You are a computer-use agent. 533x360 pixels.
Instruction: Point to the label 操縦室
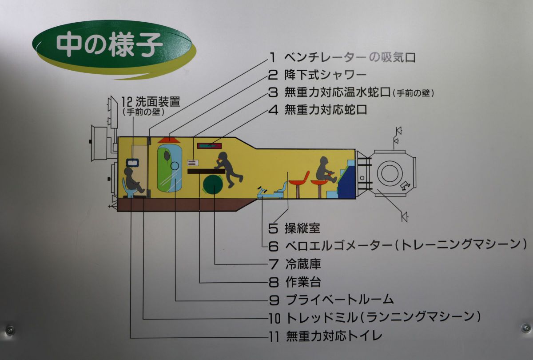click(302, 228)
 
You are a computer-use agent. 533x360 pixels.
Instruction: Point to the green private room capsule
click(170, 167)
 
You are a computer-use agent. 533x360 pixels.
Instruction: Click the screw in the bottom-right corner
click(525, 328)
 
